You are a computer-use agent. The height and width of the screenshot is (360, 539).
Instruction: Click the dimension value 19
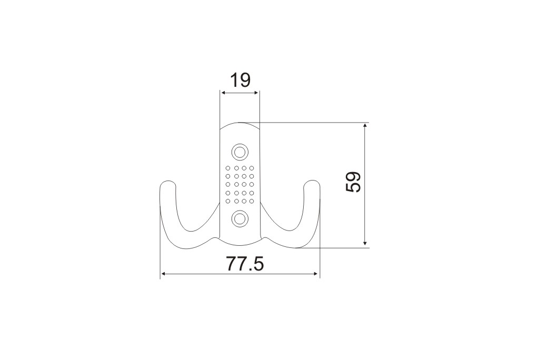click(240, 81)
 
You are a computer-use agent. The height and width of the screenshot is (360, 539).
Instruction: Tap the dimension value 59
click(354, 182)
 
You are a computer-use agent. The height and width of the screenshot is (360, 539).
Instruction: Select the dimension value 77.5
click(245, 264)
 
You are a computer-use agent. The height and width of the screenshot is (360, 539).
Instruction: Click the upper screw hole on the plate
click(239, 152)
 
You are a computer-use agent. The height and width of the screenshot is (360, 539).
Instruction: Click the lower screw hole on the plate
click(239, 218)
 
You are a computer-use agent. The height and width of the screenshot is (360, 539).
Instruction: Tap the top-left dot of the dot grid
click(227, 168)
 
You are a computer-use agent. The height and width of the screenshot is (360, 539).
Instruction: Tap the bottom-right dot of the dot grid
click(252, 201)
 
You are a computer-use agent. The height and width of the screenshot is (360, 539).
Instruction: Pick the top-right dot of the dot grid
click(252, 168)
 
